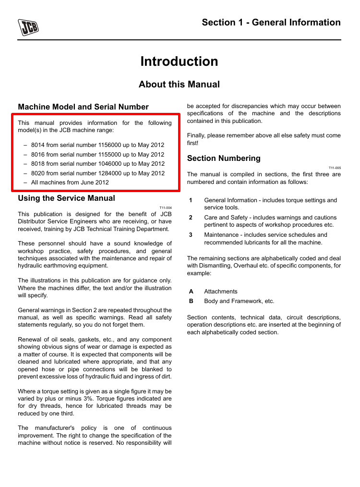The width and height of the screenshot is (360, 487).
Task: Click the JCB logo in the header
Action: click(28, 27)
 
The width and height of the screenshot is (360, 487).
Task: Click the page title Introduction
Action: click(179, 61)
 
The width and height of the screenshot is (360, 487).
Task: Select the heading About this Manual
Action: click(179, 85)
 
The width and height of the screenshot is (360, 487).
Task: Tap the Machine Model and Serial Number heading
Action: click(83, 107)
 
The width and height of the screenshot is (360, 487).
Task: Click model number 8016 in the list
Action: click(38, 155)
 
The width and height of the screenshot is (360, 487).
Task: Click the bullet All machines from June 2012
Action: click(70, 183)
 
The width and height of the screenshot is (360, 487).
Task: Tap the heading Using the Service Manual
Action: click(66, 198)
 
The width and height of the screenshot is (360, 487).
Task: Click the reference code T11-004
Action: click(166, 208)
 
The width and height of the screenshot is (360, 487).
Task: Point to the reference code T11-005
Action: click(335, 168)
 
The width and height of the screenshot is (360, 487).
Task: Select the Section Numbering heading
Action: click(224, 158)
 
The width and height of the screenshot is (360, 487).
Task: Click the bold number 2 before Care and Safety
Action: click(191, 218)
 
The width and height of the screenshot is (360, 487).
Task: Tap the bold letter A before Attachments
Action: click(191, 292)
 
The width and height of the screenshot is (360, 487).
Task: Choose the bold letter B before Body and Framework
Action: click(191, 301)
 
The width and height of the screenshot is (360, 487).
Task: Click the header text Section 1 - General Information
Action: click(271, 23)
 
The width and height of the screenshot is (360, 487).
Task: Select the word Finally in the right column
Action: click(196, 135)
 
